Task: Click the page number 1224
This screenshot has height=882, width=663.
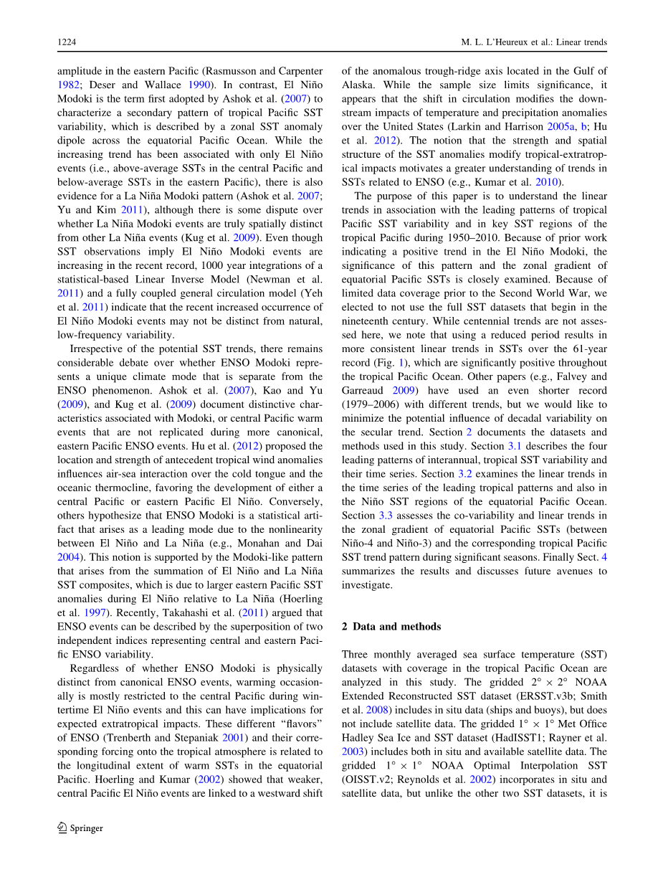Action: (x=67, y=43)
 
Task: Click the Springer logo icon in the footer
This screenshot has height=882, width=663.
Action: (x=62, y=828)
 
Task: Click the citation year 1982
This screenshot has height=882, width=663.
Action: (x=68, y=84)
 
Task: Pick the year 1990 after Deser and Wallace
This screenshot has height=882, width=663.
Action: (x=191, y=84)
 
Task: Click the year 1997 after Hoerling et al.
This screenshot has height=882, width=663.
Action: (x=98, y=613)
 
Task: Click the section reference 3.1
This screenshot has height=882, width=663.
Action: (x=515, y=446)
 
